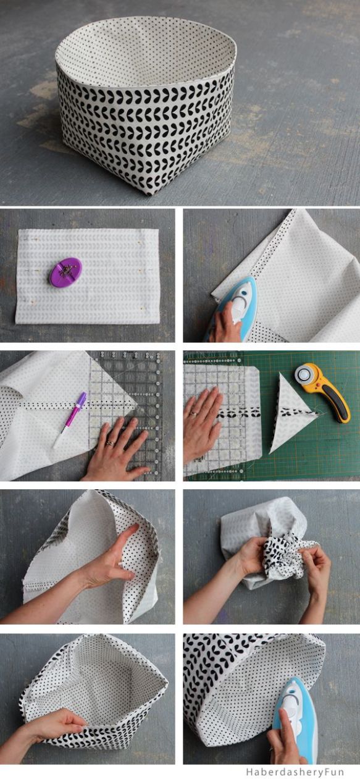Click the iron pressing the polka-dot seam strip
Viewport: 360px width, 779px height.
[237, 306]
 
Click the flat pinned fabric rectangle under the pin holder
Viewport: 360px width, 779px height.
[87, 276]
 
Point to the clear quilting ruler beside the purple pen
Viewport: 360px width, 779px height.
[125, 416]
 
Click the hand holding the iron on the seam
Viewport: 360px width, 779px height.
[226, 324]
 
